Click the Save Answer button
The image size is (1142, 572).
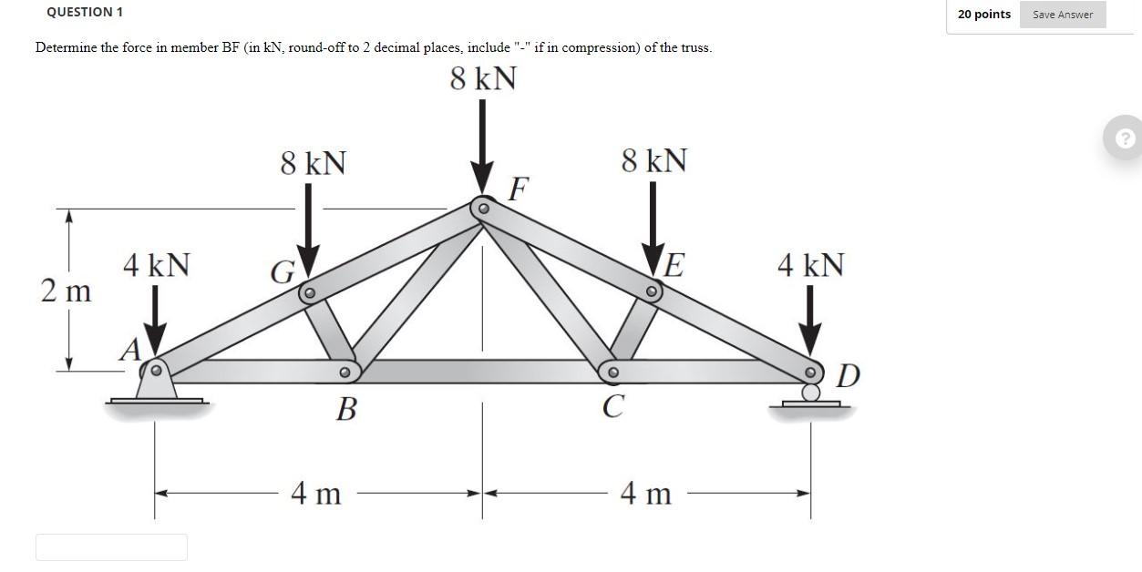coord(1062,15)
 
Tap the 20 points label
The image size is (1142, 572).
coord(983,15)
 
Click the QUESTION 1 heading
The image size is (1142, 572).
coord(85,12)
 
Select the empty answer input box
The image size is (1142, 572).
coord(111,547)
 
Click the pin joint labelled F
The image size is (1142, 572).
coord(484,209)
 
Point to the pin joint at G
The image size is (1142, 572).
coord(309,293)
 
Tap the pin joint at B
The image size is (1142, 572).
coord(345,373)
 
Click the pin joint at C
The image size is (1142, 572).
coord(613,372)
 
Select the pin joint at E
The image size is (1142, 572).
coord(651,292)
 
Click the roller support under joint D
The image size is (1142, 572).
coord(809,393)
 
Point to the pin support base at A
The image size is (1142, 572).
coord(157,388)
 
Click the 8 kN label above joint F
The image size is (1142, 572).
coord(483,79)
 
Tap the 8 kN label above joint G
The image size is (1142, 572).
coord(313,164)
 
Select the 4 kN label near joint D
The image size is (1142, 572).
coord(810,265)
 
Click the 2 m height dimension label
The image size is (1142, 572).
coord(66,291)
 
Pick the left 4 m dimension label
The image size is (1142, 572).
coord(315,494)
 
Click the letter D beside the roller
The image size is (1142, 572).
coord(847,375)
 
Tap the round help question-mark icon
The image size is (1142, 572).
coord(1127,138)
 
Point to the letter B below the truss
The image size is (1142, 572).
coord(345,411)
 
